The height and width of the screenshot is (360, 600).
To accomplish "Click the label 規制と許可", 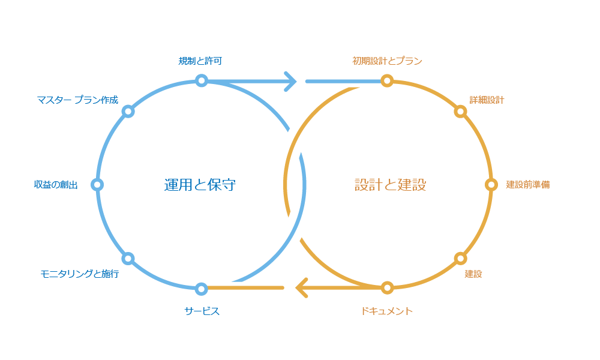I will (202, 61).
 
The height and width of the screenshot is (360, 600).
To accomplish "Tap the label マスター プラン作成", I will (78, 100).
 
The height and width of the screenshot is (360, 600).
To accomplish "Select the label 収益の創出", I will (56, 185).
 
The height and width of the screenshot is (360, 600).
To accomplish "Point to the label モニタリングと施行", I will (79, 274).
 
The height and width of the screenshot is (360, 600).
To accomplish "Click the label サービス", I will (202, 311).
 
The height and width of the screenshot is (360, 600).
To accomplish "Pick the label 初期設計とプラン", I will (387, 61).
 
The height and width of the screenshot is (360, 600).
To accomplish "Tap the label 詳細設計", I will (487, 100).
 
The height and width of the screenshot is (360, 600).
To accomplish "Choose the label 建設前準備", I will (527, 185).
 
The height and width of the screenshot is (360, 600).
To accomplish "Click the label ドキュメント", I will (387, 311).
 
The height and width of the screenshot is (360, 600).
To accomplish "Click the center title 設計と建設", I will (390, 185).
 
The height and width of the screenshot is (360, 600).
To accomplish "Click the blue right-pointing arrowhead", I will (290, 80).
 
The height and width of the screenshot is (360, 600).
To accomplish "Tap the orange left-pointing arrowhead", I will (302, 288).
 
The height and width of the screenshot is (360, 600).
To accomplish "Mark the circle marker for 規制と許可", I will (202, 80).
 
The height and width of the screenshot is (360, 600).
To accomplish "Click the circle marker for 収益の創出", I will (98, 185).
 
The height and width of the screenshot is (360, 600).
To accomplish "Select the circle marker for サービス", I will (202, 288).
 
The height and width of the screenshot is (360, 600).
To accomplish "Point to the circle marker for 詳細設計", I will (460, 112).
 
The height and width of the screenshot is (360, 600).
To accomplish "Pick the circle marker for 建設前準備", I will (491, 185).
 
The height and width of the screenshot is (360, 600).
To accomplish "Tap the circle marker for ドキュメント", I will (387, 288).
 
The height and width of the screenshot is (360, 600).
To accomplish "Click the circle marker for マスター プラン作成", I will (128, 112).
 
